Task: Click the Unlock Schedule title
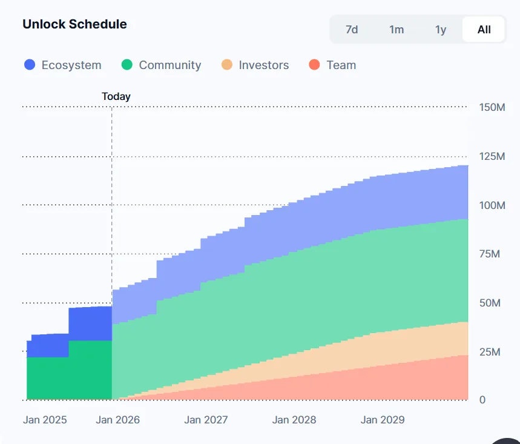(x=74, y=24)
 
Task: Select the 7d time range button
(x=352, y=29)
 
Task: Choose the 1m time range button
(x=397, y=29)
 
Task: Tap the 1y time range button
(x=441, y=29)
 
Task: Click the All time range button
(x=484, y=29)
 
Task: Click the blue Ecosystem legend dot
(x=30, y=65)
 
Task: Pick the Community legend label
(x=169, y=65)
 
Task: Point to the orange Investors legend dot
(x=227, y=65)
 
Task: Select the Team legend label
(x=341, y=65)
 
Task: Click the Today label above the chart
(x=116, y=96)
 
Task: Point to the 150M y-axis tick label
(x=492, y=107)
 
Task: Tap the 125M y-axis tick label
(x=492, y=156)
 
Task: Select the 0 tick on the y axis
(x=482, y=400)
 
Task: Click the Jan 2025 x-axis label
(x=45, y=420)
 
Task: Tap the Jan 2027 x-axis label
(x=206, y=420)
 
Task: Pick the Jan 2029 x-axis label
(x=383, y=420)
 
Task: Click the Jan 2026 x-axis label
(x=117, y=420)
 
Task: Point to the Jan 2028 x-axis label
(x=294, y=420)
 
